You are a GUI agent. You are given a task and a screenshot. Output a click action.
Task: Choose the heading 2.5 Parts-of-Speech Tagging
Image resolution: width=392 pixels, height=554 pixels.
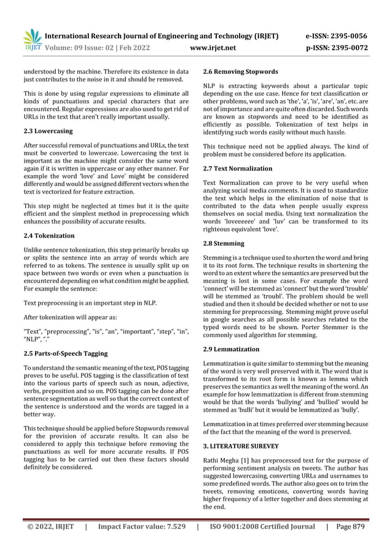(x=65, y=354)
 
